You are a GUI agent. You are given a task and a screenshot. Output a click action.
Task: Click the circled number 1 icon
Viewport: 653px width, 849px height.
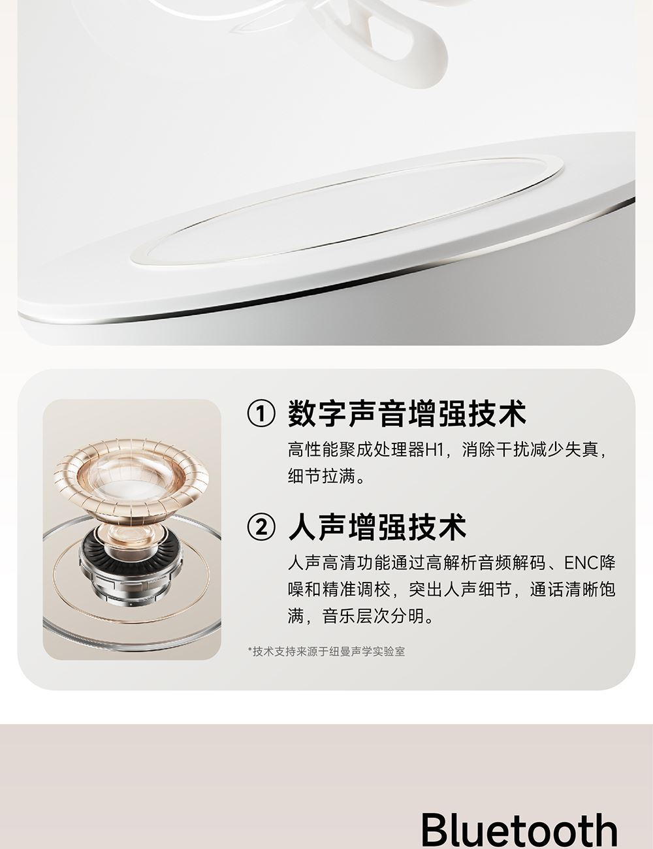pos(261,414)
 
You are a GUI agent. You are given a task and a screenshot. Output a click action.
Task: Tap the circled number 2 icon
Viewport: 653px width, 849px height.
pos(261,528)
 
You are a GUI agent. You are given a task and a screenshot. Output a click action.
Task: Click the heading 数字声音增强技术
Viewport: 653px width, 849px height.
pos(407,414)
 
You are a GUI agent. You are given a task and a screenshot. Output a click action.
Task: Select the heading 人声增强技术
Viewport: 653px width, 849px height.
pos(377,527)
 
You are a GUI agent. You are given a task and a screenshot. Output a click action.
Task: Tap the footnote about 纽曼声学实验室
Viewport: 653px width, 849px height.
pos(326,652)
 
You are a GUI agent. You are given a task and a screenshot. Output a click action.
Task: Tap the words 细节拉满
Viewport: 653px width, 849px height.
pos(322,476)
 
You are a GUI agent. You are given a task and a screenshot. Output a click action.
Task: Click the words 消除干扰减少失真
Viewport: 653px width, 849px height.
pos(530,450)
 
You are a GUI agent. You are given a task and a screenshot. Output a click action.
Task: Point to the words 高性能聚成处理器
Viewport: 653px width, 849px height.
pos(356,450)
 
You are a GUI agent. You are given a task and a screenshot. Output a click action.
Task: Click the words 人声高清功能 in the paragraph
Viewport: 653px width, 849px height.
pos(339,563)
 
